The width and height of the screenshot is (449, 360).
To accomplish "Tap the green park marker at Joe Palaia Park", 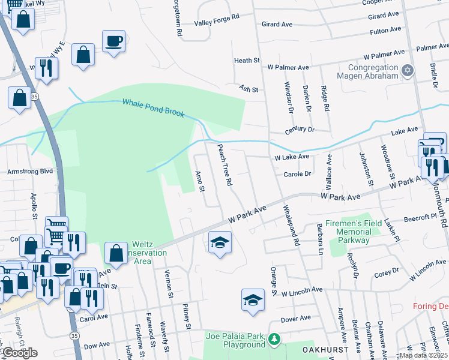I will tap(274, 340).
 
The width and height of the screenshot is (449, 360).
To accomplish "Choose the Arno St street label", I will tap(200, 182).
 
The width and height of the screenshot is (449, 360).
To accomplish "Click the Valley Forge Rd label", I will tap(217, 23).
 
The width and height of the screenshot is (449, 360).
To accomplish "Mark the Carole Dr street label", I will tap(297, 174).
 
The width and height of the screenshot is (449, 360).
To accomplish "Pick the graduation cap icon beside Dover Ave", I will tap(253, 299).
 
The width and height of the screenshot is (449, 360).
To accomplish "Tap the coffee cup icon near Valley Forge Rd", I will tap(113, 41).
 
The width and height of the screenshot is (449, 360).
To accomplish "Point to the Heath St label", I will tap(246, 61).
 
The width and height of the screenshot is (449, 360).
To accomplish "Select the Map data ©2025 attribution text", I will tap(423, 355).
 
